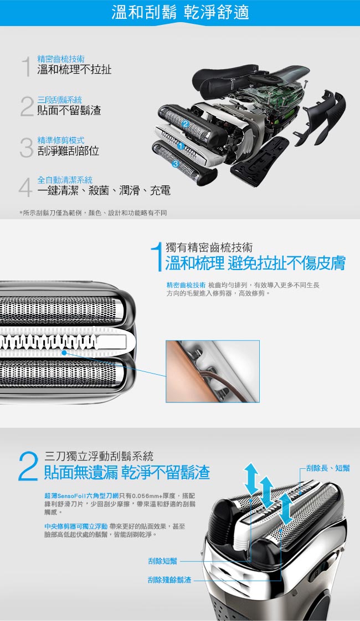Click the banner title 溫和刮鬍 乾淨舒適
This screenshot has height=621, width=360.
[180, 12]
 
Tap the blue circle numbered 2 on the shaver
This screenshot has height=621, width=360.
[185, 125]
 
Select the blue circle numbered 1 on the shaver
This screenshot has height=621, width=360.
[181, 146]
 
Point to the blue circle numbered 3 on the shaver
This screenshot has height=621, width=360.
[176, 164]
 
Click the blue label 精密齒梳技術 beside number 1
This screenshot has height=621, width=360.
[61, 59]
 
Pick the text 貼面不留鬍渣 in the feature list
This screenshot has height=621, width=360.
[69, 110]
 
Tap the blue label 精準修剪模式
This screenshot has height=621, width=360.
[61, 140]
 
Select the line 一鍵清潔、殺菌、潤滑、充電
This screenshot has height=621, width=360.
[104, 191]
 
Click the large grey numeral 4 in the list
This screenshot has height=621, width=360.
[25, 187]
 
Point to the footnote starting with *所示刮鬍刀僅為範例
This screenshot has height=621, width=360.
[93, 213]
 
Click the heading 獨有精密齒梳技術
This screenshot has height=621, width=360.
[209, 247]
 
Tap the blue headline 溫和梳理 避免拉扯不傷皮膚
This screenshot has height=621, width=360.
[255, 263]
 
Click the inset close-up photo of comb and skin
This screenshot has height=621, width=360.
[213, 371]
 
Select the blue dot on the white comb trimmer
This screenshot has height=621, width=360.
[64, 351]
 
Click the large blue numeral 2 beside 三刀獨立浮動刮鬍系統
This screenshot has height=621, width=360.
[28, 467]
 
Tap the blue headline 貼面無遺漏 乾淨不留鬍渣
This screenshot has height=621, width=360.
[127, 473]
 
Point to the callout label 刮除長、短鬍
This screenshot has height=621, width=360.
[328, 468]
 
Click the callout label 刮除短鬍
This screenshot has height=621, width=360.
[163, 561]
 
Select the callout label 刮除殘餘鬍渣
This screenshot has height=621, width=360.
[169, 580]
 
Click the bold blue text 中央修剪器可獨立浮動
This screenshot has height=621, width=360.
[76, 526]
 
